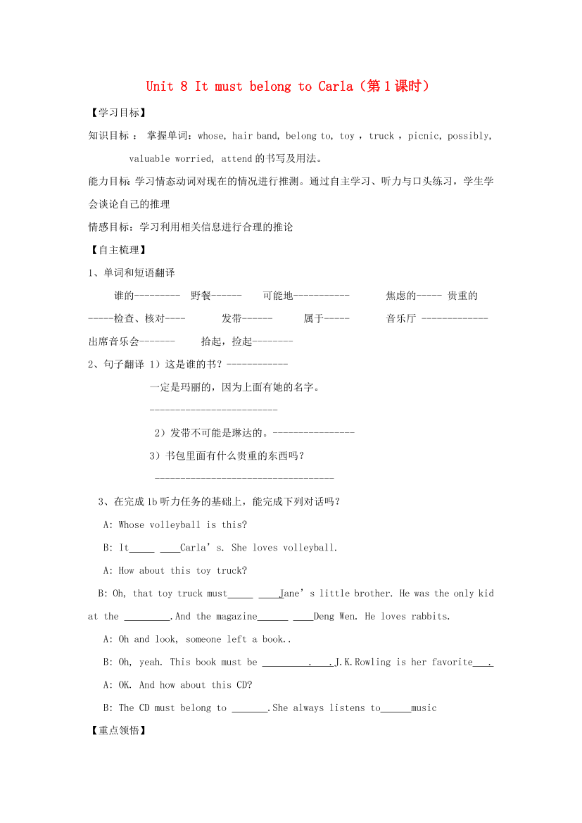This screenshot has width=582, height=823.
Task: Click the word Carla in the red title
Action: click(x=334, y=87)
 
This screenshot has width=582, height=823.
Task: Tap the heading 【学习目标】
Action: click(x=117, y=113)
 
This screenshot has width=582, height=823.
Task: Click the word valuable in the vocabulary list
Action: click(x=150, y=158)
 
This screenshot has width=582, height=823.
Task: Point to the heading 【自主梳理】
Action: click(x=117, y=250)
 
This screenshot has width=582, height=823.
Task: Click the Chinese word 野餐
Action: click(x=201, y=296)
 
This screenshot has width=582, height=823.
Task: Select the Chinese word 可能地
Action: click(x=278, y=296)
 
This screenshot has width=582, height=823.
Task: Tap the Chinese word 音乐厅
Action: click(x=401, y=318)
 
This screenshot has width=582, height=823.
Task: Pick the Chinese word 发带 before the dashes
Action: click(x=232, y=318)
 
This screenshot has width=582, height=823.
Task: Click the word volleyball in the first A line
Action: click(x=175, y=524)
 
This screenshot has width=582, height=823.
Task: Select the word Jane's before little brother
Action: click(x=297, y=593)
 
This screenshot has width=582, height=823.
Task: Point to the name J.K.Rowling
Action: click(x=363, y=662)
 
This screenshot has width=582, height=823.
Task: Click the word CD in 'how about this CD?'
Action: click(x=241, y=685)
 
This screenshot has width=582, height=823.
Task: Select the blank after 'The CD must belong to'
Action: click(x=249, y=708)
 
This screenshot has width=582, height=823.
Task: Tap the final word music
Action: click(x=424, y=708)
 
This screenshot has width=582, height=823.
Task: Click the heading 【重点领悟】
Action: click(x=117, y=731)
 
